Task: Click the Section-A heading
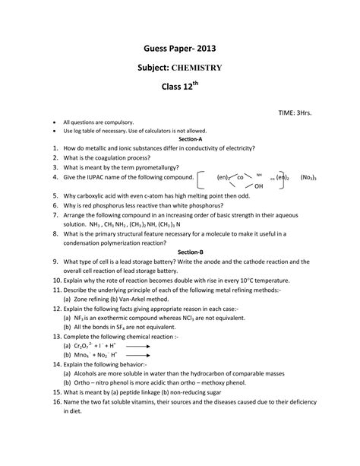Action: coord(180,140)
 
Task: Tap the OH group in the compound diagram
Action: coord(259,186)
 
